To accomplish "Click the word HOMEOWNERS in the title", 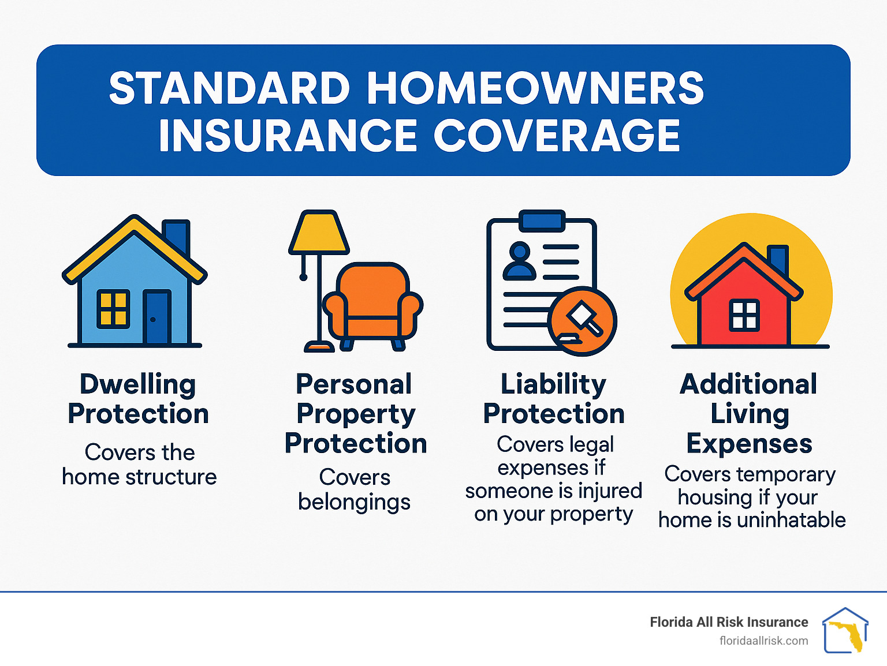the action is click(x=535, y=88).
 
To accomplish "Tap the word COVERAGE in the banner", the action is click(x=557, y=135).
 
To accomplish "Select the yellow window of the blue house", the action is click(x=113, y=309).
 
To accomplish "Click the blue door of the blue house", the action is click(x=157, y=317).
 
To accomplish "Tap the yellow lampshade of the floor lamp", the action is click(x=319, y=232).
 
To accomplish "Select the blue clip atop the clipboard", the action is click(x=542, y=221).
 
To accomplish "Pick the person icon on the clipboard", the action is click(x=520, y=261).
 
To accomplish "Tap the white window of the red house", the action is click(x=744, y=316).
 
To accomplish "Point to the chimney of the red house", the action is click(x=778, y=260).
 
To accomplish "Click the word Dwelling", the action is click(x=138, y=385).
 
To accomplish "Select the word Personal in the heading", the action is click(x=354, y=384).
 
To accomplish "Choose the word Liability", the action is click(x=553, y=385).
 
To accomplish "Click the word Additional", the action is click(x=748, y=384).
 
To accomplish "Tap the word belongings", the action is click(x=354, y=503).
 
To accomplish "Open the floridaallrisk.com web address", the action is click(x=764, y=641).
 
